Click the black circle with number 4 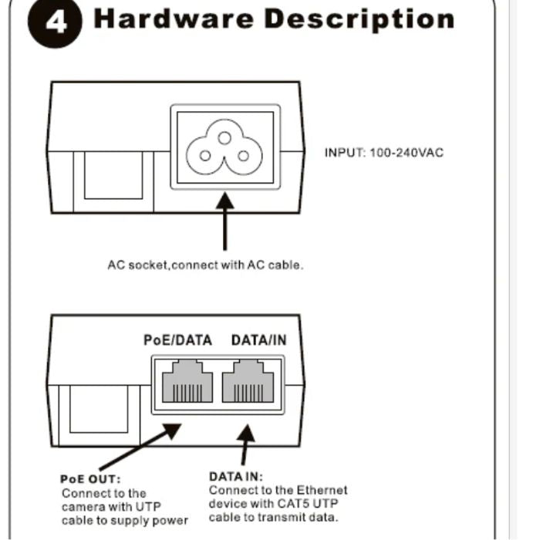[x=55, y=22]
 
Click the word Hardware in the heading [x=174, y=19]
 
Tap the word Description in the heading [x=359, y=20]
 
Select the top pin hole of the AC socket [x=224, y=138]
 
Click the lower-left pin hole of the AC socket [x=205, y=156]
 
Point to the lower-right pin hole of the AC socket [x=244, y=156]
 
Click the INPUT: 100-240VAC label [x=384, y=153]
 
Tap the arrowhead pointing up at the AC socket [x=225, y=201]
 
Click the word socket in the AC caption [x=148, y=265]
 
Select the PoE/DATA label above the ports [x=177, y=340]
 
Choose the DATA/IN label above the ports [x=259, y=340]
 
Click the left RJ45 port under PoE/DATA [x=187, y=381]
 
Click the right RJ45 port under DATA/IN [x=248, y=381]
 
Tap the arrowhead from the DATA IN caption [x=246, y=434]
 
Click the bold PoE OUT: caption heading [x=90, y=479]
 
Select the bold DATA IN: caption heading [x=236, y=477]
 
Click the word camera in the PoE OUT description [x=83, y=507]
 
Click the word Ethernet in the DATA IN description [x=322, y=490]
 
